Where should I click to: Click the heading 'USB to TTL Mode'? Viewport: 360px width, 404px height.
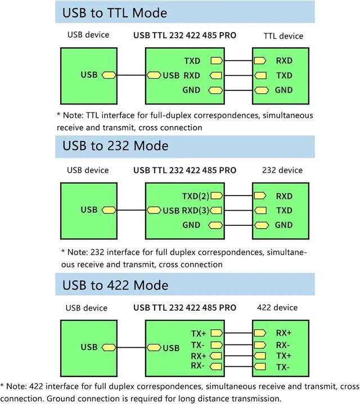(115, 12)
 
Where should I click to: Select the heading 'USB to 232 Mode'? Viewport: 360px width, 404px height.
(115, 146)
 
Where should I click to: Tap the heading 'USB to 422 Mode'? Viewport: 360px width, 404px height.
(115, 285)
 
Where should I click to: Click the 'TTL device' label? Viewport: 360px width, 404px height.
(283, 36)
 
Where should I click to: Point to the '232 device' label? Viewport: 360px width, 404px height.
(282, 170)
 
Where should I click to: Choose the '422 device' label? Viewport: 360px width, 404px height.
(277, 307)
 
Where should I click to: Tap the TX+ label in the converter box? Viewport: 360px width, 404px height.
(199, 333)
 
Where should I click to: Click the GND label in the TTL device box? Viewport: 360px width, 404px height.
(284, 90)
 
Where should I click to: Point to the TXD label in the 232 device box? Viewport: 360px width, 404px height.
(284, 211)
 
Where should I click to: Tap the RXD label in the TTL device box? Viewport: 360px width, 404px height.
(284, 60)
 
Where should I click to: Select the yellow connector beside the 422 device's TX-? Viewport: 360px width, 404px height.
(260, 366)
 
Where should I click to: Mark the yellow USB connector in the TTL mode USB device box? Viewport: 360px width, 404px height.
(109, 75)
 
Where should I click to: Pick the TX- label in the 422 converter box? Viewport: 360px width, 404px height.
(198, 344)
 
